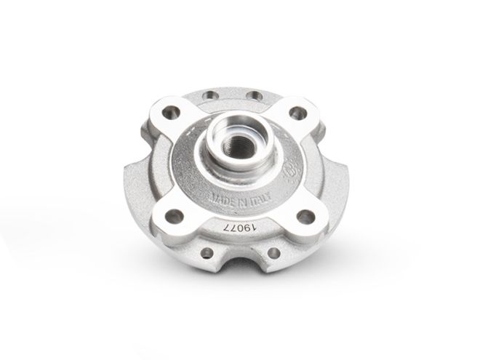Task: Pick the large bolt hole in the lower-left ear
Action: (x=175, y=216)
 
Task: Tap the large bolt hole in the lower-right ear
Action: (x=307, y=216)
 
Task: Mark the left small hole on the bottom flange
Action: (x=209, y=253)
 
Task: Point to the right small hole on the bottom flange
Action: (x=276, y=252)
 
